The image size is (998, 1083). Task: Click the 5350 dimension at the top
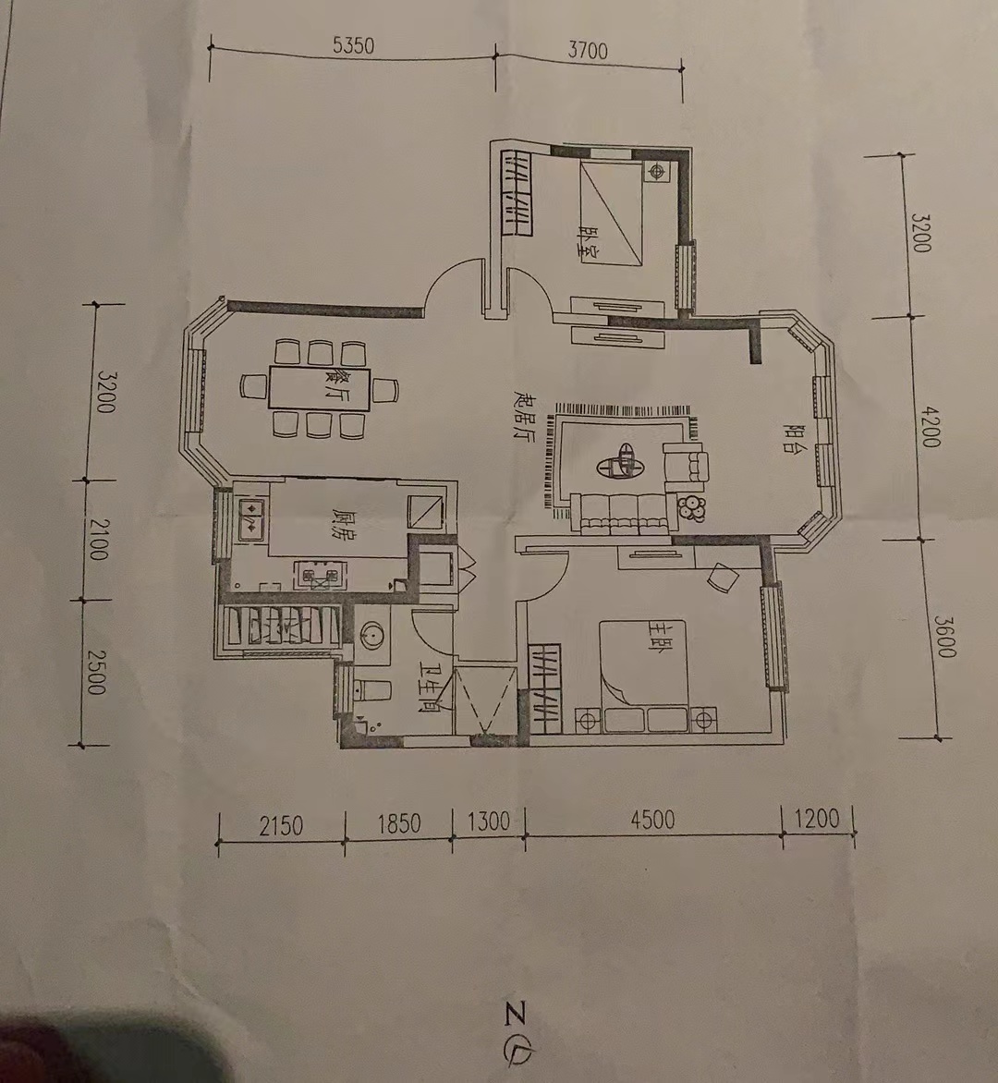point(353,45)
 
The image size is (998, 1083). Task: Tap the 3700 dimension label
point(588,51)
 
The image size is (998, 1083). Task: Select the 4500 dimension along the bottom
point(652,820)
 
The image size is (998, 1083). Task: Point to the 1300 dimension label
point(488,821)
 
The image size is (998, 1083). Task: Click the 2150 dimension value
point(281,826)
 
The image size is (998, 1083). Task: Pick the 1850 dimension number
point(399,823)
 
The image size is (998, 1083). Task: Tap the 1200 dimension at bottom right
point(817,819)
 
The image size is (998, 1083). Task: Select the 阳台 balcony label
point(792,438)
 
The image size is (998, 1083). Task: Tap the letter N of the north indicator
point(516,1014)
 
